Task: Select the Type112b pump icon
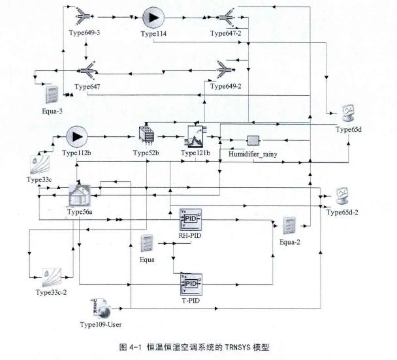pyautogui.click(x=76, y=137)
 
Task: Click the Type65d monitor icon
pyautogui.click(x=348, y=113)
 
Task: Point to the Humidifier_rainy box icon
pyautogui.click(x=253, y=141)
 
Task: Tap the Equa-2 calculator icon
pyautogui.click(x=290, y=225)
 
